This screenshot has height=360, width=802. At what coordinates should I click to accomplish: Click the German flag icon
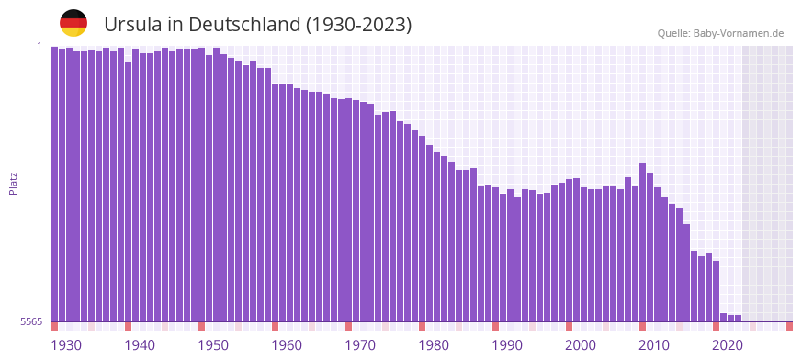pyautogui.click(x=73, y=23)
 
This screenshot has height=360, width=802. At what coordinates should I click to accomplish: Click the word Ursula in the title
pyautogui.click(x=130, y=25)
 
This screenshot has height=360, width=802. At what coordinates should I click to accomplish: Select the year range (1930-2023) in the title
pyautogui.click(x=359, y=25)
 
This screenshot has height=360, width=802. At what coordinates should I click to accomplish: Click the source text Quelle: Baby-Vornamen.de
pyautogui.click(x=720, y=33)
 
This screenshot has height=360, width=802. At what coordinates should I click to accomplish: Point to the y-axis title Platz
pyautogui.click(x=13, y=183)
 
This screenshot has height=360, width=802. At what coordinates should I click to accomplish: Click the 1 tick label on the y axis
pyautogui.click(x=40, y=46)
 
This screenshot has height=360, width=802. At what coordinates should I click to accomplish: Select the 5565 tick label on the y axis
pyautogui.click(x=30, y=321)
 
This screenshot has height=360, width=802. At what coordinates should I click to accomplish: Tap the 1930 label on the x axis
pyautogui.click(x=66, y=345)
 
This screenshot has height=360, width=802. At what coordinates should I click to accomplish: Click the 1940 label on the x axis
pyautogui.click(x=140, y=345)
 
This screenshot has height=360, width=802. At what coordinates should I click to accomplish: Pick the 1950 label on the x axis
pyautogui.click(x=213, y=345)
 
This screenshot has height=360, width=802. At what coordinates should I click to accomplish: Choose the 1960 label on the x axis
pyautogui.click(x=287, y=345)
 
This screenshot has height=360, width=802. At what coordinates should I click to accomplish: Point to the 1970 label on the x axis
pyautogui.click(x=360, y=345)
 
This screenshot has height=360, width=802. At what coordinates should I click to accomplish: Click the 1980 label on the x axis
pyautogui.click(x=434, y=345)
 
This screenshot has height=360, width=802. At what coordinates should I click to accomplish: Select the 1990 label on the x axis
pyautogui.click(x=507, y=345)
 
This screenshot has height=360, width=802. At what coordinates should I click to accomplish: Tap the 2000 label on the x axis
pyautogui.click(x=581, y=345)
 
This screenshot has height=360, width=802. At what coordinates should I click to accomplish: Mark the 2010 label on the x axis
pyautogui.click(x=654, y=345)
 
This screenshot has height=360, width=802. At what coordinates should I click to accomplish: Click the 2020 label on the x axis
pyautogui.click(x=728, y=345)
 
